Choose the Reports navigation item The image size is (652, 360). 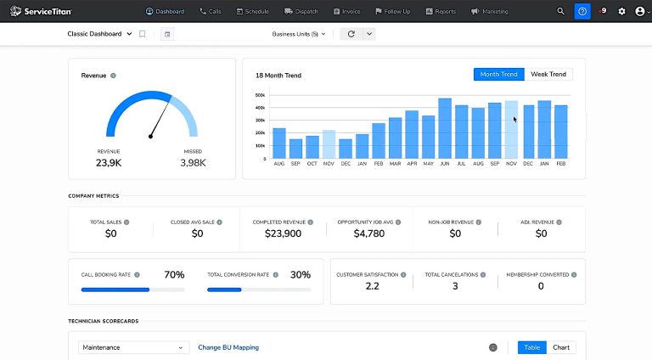point(441,11)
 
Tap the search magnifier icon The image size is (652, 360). point(560,11)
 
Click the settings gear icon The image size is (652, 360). point(622,11)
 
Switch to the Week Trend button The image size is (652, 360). point(548,75)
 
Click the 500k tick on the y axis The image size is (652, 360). point(260,95)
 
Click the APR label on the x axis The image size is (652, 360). point(412,165)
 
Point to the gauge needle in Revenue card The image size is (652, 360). point(158,120)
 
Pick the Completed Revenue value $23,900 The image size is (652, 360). point(283,233)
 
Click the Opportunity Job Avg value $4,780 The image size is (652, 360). point(369,233)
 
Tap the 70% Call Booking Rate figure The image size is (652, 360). point(174,275)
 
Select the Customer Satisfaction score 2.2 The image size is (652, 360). point(372,286)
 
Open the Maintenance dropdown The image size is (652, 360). point(134,347)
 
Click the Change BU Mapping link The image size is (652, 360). point(228,347)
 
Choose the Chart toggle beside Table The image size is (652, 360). point(561,347)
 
